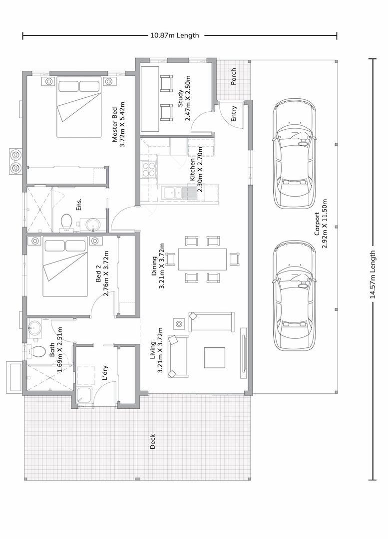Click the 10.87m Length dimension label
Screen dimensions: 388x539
coord(174,35)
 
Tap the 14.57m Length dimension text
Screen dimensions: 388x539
coord(372,274)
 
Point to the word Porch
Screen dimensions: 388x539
coord(233,76)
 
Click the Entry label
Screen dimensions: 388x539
coord(234,114)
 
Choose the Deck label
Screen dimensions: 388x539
coord(153,441)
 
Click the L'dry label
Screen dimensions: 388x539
coord(105,373)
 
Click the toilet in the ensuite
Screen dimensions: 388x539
coord(66,222)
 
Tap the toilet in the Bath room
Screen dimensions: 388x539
coord(37,351)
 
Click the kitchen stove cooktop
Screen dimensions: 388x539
coord(149,169)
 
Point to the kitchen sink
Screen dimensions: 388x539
coord(173,193)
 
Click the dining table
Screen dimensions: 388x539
coord(202,259)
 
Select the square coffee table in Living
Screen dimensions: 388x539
coord(214,357)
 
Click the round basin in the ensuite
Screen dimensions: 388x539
coord(92,226)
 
